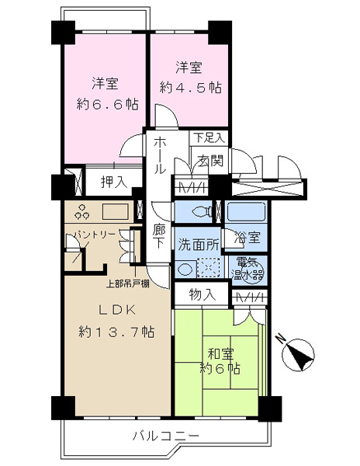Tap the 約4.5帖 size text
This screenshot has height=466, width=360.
pos(190,88)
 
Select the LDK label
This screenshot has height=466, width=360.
pos(117,310)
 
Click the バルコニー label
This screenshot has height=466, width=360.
pos(165,436)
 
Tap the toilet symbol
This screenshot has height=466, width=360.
pos(202,211)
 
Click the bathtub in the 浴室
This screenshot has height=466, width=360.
pos(246,211)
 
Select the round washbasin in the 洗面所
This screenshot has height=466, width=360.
pos(185,270)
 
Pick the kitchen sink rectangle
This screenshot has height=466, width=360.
pos(115,211)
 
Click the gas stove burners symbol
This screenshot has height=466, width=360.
pos(81,211)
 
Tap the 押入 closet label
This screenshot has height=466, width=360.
pos(114,182)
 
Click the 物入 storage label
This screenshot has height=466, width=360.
pos(202,294)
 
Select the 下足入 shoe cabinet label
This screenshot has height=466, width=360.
pos(209,137)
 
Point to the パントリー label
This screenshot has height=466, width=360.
pos(95,235)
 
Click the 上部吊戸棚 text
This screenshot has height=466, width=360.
pos(127,283)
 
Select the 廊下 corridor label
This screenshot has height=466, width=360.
pos(159,236)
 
